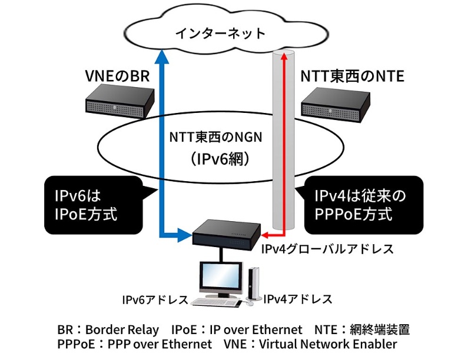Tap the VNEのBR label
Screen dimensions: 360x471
120,76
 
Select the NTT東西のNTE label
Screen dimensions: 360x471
352,76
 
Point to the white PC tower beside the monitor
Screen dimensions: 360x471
254,285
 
